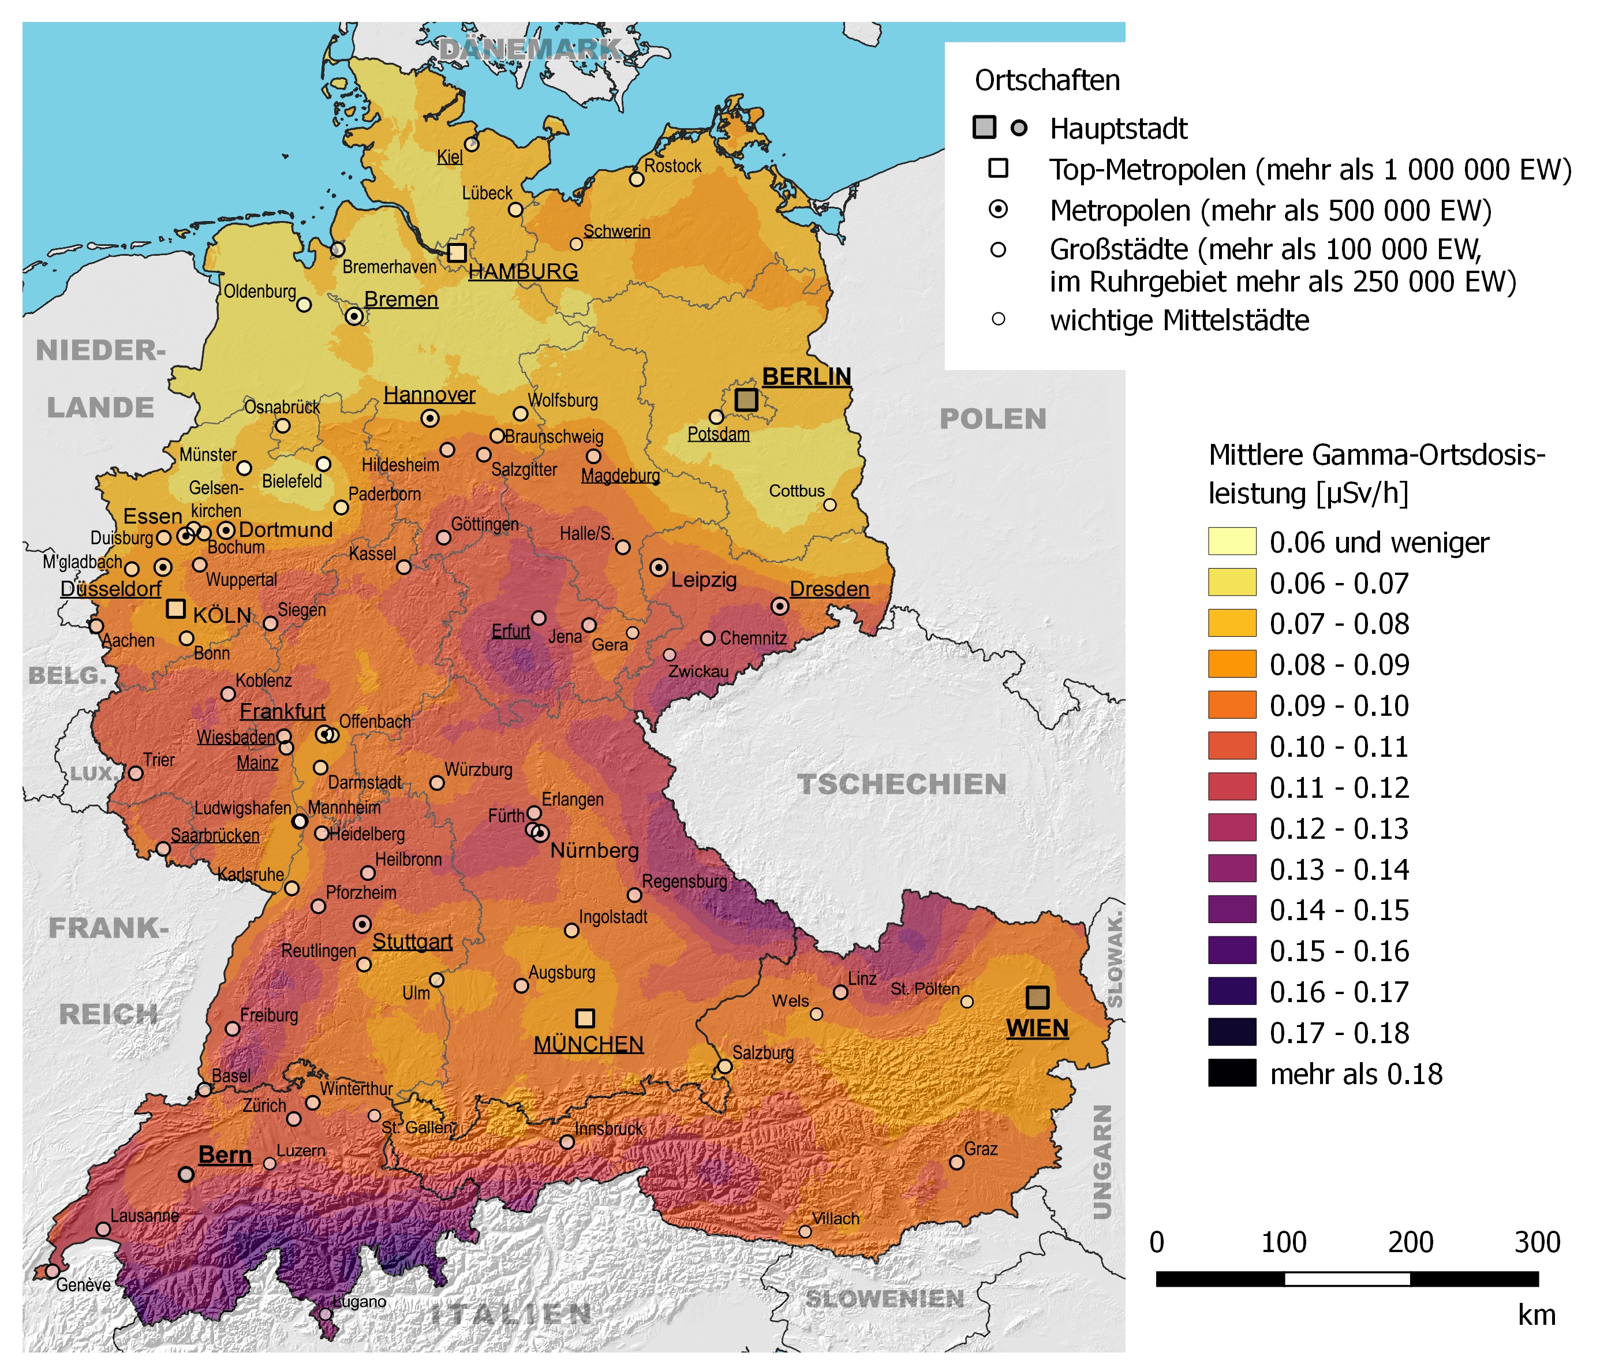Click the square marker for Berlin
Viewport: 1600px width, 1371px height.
745,399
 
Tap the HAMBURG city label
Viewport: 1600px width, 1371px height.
523,272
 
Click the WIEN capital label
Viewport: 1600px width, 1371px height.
1037,1029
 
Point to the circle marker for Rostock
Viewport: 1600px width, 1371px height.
636,179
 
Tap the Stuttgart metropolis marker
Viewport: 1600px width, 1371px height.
362,925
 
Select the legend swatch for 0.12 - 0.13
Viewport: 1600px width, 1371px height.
1232,828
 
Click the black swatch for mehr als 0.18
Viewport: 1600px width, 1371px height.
1232,1074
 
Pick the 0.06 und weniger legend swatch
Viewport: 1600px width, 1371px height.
1232,541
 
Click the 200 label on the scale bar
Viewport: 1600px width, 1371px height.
1410,1243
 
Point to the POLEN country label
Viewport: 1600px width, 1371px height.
992,420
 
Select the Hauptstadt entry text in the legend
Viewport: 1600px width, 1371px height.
1118,129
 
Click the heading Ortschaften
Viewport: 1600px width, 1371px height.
1047,80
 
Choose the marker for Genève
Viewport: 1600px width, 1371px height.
52,1271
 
